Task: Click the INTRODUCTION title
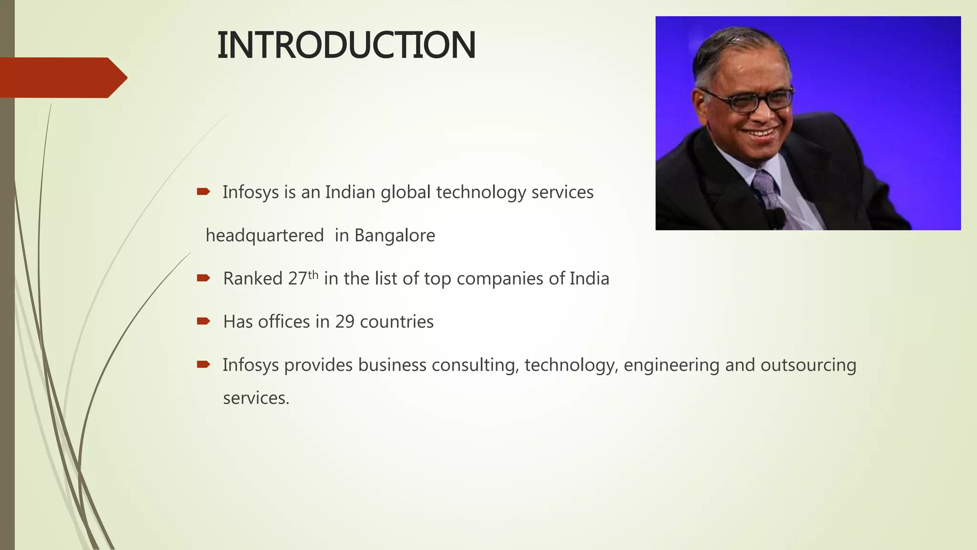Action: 346,45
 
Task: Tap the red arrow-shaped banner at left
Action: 62,77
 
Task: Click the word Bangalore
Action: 395,235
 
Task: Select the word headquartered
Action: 265,235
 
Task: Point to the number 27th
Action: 303,278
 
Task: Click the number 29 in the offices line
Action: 344,322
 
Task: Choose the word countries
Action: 396,322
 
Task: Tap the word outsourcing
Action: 808,365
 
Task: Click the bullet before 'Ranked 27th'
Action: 203,278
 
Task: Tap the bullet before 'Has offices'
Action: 203,321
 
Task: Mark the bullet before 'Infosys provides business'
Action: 203,364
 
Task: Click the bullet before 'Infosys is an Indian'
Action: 203,192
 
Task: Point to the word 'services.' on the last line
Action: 256,398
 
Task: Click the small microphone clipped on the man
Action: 777,218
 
